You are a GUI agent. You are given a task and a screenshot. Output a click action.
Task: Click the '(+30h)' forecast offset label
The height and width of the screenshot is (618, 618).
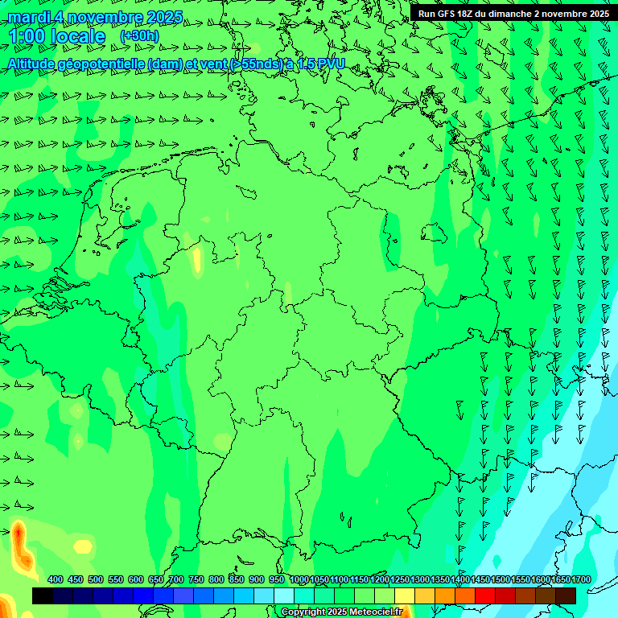(139, 36)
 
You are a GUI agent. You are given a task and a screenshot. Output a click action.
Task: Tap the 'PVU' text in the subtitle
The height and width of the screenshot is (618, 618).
(328, 64)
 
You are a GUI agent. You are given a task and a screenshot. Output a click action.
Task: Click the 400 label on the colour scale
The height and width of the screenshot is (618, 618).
(56, 579)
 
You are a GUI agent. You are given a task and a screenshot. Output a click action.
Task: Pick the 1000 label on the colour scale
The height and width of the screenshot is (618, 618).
(299, 579)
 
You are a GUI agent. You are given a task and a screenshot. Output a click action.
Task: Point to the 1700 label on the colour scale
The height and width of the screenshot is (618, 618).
(580, 579)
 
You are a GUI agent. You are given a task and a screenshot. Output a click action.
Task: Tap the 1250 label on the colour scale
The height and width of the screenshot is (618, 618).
(399, 579)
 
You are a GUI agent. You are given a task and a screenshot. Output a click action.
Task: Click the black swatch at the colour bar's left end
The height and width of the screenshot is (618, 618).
(43, 595)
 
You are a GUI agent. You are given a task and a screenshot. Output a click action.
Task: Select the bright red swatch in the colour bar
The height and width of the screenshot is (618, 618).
(485, 595)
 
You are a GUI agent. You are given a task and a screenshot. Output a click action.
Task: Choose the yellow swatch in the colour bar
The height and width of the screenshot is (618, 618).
(405, 595)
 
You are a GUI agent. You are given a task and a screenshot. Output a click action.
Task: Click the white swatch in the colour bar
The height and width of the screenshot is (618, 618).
(284, 595)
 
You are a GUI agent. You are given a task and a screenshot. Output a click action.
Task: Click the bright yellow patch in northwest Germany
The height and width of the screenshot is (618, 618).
(197, 261)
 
